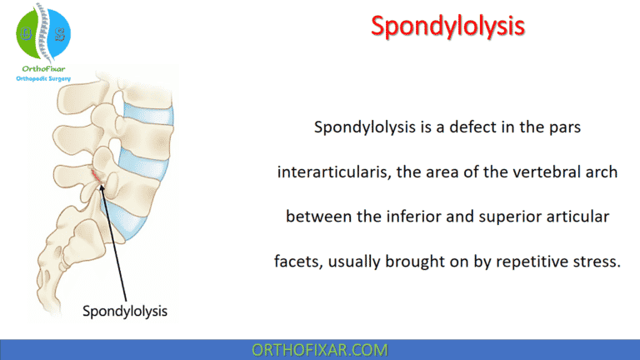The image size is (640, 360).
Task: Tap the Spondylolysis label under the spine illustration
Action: pyautogui.click(x=125, y=312)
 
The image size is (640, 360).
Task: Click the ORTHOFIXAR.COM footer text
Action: pyautogui.click(x=319, y=349)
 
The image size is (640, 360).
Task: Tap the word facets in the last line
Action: pyautogui.click(x=297, y=262)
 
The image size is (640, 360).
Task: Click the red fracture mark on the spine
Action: pyautogui.click(x=99, y=176)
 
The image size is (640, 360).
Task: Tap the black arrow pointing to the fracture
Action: pyautogui.click(x=113, y=242)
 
